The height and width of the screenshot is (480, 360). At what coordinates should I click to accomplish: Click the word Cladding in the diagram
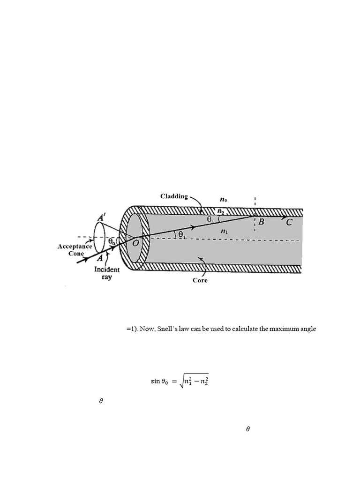pos(174,196)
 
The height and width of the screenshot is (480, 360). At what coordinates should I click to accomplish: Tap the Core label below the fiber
pos(200,280)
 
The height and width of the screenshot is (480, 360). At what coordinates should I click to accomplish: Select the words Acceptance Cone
pos(75,250)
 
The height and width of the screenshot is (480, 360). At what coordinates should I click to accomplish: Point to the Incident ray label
pos(107,273)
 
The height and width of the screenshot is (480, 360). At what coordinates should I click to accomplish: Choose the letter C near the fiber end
pos(289,223)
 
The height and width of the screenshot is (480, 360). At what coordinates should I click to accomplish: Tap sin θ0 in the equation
pos(159,382)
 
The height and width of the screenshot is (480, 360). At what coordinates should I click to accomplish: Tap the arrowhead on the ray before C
pos(282,217)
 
